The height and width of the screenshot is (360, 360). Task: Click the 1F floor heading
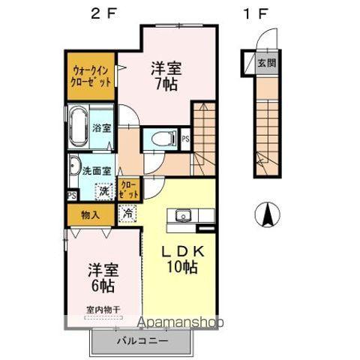[255, 13]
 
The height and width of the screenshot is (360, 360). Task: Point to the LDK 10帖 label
[181, 257]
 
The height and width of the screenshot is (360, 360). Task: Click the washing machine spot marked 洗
[106, 190]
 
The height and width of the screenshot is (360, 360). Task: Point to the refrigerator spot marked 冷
[127, 213]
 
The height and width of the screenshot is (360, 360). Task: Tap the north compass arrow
[266, 216]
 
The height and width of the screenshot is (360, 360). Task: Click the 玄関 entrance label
[266, 63]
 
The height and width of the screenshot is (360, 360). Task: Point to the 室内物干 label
[102, 308]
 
